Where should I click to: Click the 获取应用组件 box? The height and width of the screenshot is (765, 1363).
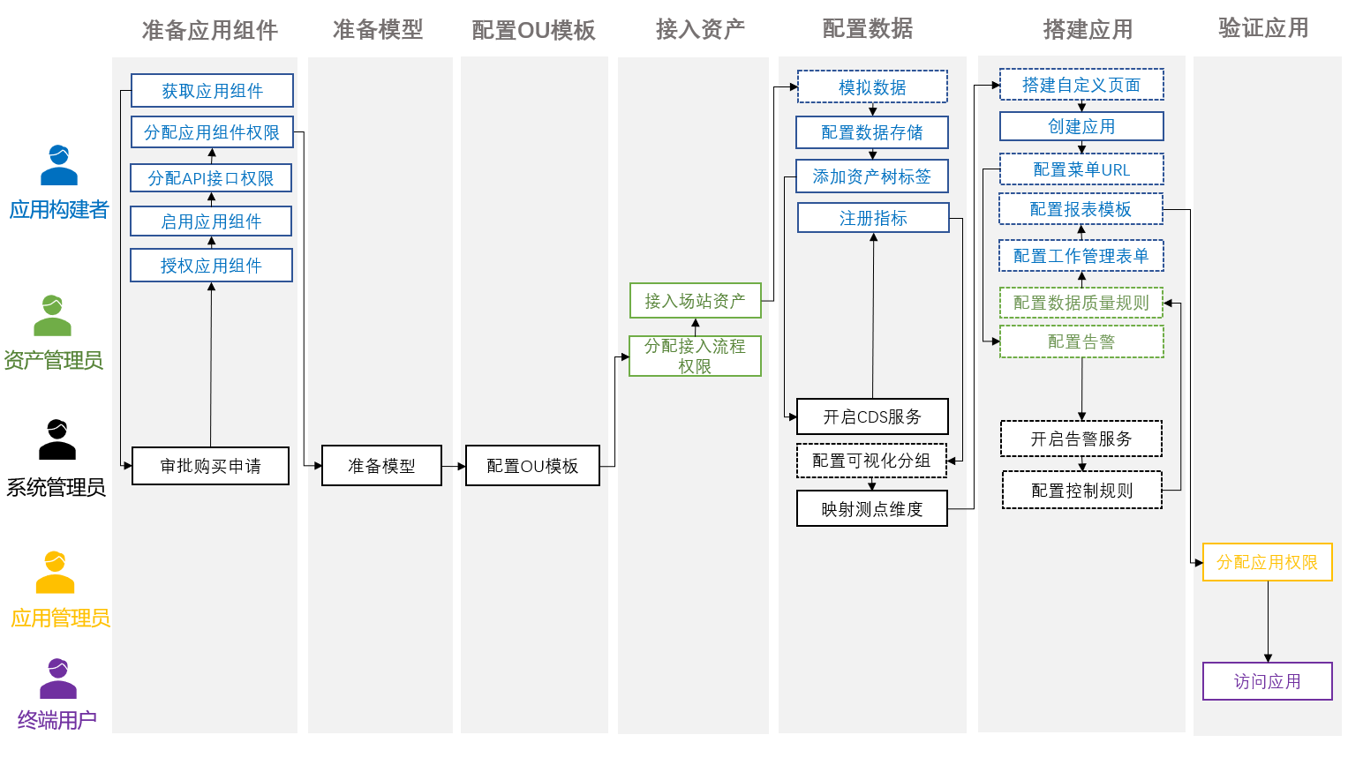[212, 91]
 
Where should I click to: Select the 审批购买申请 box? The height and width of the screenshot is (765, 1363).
[210, 466]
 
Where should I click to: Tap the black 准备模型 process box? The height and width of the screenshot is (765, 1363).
[381, 466]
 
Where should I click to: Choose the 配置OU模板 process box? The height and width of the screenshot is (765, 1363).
[532, 466]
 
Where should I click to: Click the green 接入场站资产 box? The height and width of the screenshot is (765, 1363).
[695, 301]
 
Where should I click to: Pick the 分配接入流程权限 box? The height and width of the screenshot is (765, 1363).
[695, 356]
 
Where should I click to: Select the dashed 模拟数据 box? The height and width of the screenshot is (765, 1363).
[872, 87]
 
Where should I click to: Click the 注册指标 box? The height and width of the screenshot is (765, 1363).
[873, 218]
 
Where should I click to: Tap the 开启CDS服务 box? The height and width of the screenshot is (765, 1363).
[872, 416]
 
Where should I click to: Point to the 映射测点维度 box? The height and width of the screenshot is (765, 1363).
[872, 509]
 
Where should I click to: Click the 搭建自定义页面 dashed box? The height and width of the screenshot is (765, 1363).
[1081, 85]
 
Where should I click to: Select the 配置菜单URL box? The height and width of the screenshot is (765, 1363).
[1081, 169]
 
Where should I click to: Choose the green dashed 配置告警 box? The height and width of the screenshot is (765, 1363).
[1081, 341]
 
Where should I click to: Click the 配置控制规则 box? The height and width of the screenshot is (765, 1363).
[1081, 491]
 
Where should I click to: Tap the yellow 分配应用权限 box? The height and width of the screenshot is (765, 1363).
[1267, 562]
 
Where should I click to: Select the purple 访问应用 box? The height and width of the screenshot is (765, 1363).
[1267, 681]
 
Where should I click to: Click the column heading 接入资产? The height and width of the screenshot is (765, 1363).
[700, 29]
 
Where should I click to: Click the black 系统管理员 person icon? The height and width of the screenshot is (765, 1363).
[57, 439]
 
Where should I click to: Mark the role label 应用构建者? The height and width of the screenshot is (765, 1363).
[59, 210]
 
